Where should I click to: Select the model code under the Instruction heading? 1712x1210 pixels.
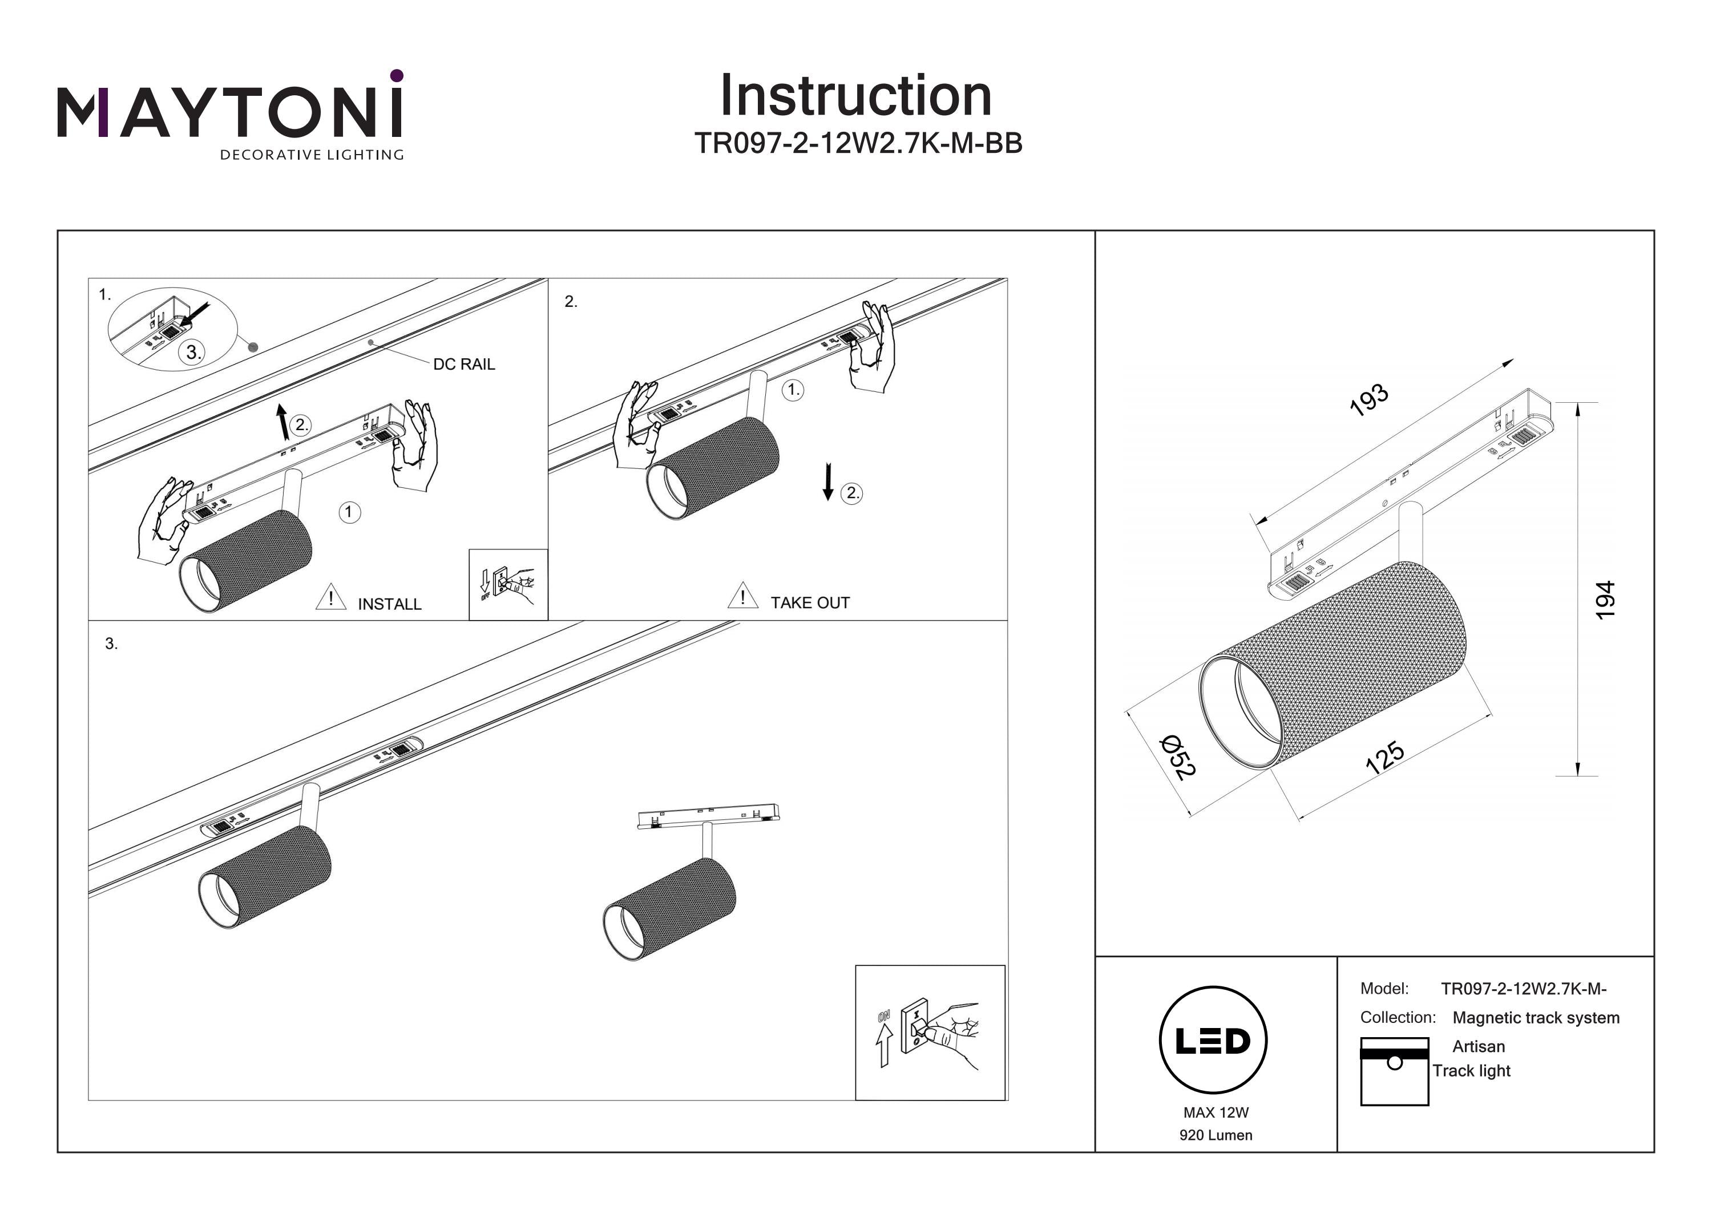click(x=858, y=143)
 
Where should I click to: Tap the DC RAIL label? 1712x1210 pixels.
click(x=464, y=364)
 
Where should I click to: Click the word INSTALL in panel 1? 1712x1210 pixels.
click(x=389, y=604)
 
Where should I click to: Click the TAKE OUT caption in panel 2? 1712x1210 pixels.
click(x=810, y=602)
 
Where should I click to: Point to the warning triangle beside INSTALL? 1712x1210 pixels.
click(x=330, y=598)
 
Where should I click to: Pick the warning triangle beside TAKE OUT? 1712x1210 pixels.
click(x=742, y=596)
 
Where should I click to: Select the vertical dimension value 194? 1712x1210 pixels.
click(x=1605, y=600)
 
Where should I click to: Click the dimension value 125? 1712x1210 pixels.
click(x=1384, y=758)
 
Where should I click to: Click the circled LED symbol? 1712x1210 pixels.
click(x=1213, y=1041)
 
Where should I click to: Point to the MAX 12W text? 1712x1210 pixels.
click(x=1216, y=1112)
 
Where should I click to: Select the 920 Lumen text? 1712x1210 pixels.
click(x=1216, y=1135)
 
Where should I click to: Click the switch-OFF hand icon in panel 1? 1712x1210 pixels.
click(x=508, y=585)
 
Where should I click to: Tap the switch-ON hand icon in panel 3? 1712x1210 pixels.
click(x=930, y=1033)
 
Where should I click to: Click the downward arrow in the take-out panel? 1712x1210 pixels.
click(x=827, y=481)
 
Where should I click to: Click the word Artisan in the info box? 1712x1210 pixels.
click(x=1478, y=1046)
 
